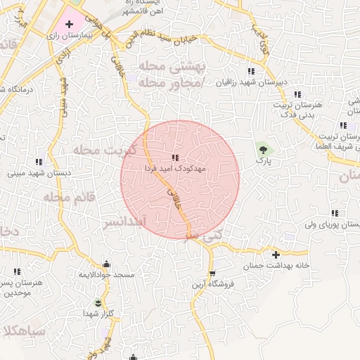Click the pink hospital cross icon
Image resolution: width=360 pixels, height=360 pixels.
point(69,24)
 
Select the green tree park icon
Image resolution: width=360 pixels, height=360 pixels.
point(264,149)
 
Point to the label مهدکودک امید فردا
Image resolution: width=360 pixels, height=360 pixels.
point(175,169)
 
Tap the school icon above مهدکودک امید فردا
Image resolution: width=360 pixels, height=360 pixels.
point(175,157)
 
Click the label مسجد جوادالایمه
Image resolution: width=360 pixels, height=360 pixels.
point(106,275)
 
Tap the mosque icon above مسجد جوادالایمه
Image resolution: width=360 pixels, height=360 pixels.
point(106,264)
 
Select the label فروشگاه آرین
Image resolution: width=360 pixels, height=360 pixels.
point(212,285)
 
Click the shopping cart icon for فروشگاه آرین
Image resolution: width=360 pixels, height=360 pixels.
point(212,274)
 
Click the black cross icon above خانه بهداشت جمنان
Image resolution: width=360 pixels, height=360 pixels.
point(276,254)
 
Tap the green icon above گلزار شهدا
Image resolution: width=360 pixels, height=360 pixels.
point(98,302)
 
